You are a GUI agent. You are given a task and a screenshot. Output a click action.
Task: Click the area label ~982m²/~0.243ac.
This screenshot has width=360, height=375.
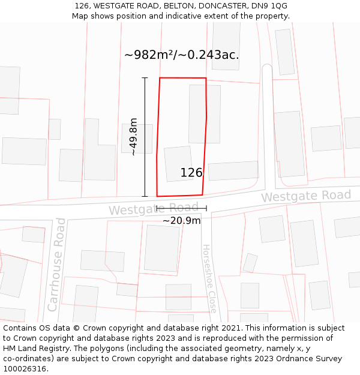click(x=182, y=55)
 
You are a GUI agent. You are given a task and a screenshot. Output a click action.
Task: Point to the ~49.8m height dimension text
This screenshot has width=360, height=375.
click(x=133, y=137)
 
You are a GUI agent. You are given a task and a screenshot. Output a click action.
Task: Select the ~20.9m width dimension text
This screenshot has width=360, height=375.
click(x=181, y=220)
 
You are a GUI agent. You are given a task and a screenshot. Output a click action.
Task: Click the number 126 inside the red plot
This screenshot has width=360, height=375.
click(x=191, y=173)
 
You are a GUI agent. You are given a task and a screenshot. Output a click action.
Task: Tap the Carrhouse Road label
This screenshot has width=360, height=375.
click(x=56, y=265)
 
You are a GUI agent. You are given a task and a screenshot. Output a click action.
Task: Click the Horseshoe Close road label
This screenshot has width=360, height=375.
click(x=209, y=278)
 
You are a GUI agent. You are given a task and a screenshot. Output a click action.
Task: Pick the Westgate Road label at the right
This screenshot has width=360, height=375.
click(x=305, y=196)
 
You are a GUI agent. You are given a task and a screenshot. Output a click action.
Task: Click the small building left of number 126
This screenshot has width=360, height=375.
click(x=178, y=163)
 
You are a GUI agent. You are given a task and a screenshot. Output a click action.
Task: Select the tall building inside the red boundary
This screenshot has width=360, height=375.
click(x=205, y=113)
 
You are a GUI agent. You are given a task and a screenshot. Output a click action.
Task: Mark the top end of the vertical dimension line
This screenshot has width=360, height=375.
click(x=145, y=78)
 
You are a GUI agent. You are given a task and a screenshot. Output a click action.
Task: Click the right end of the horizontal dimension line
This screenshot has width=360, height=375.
click(x=206, y=208)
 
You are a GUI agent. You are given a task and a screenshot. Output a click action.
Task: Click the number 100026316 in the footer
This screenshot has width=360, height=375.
click(x=26, y=369)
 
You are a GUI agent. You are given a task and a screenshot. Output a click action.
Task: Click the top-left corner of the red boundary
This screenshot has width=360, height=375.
click(x=160, y=78)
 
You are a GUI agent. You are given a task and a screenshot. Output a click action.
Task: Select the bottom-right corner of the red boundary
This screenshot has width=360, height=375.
click(x=202, y=194)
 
